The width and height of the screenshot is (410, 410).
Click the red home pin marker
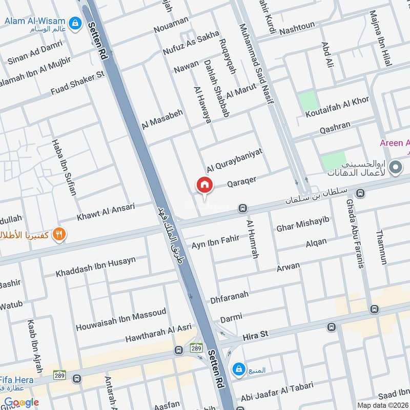pos(204,185)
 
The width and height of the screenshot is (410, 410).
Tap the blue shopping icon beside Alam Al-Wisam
pos(75,23)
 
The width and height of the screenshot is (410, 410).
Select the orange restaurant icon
pos(60,235)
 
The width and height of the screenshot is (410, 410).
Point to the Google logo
pos(22,402)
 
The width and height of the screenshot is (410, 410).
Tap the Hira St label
pos(256,335)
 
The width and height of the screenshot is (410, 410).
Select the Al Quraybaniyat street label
pos(235,160)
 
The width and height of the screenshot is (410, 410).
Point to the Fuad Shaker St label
pos(77,84)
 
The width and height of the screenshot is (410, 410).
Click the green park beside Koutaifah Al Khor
pos(309,100)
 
